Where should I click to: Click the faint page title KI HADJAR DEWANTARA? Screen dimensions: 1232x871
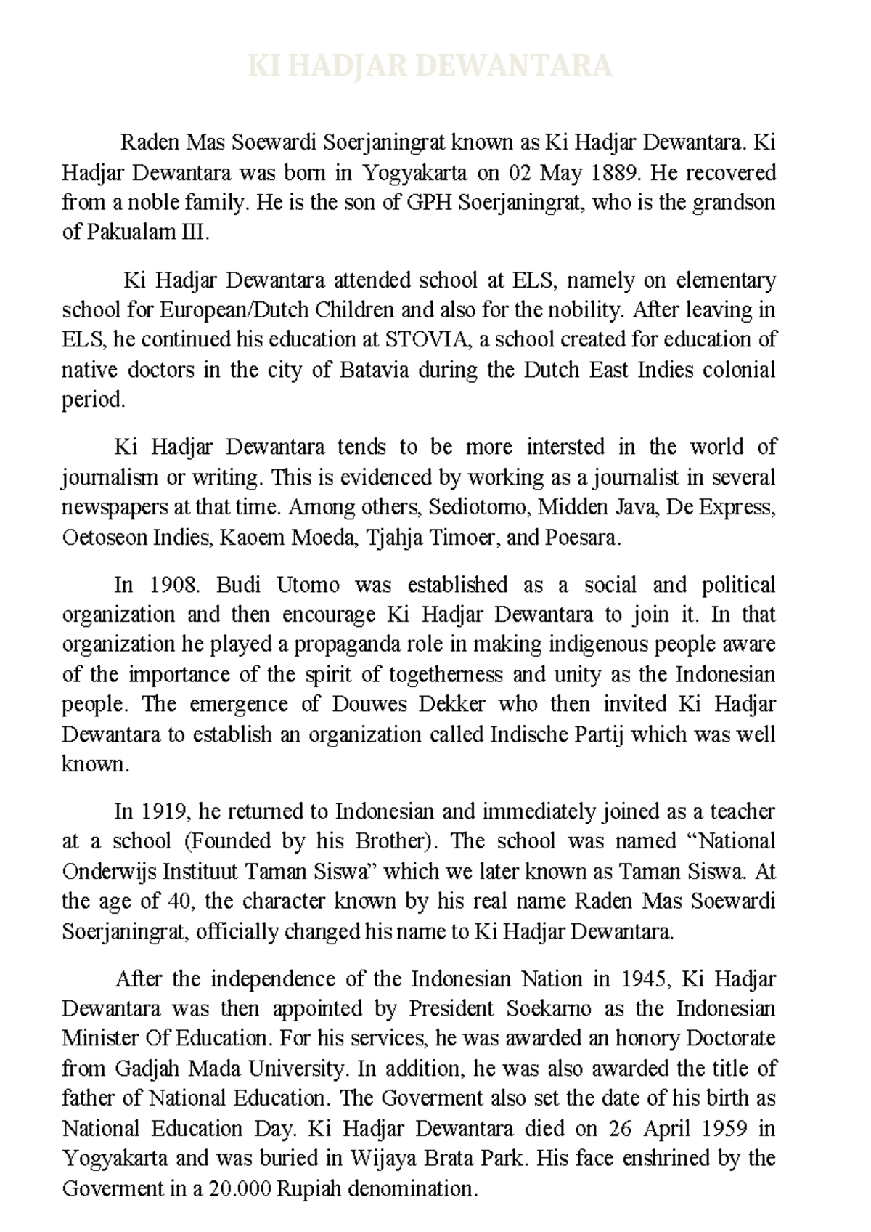[430, 66]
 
